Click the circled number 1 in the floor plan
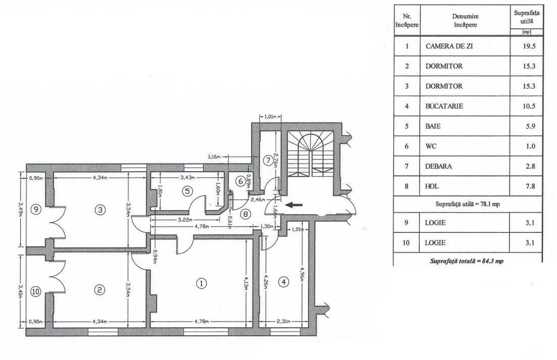click(201, 283)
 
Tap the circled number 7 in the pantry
click(267, 160)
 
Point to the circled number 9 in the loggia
click(36, 209)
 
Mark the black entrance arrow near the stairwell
click(294, 204)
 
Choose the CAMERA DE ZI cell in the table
click(449, 46)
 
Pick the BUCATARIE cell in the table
click(444, 106)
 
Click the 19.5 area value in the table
click(529, 46)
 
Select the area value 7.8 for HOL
click(530, 186)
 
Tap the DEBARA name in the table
click(438, 166)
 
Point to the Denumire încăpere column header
click(466, 21)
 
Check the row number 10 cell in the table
click(406, 243)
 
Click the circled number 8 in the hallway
click(245, 214)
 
